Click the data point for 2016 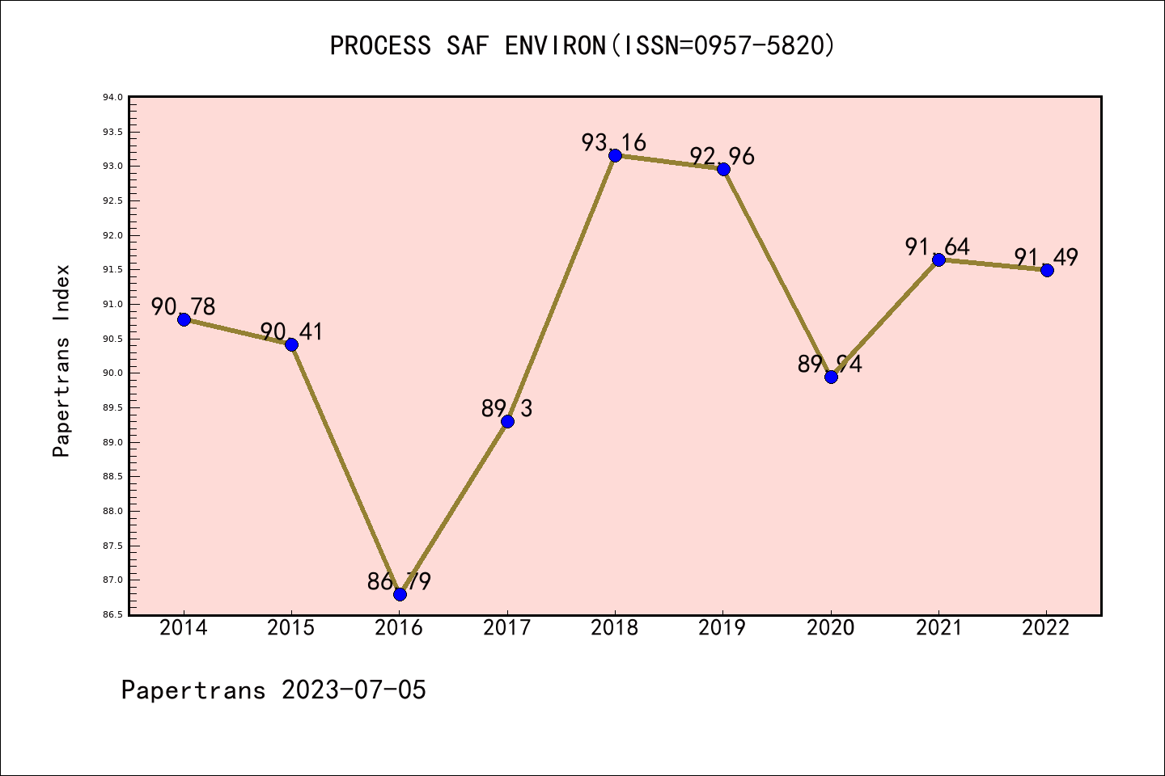point(400,594)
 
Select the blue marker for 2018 point(615,155)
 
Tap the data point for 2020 point(831,377)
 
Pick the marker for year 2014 point(184,319)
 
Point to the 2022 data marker point(1047,270)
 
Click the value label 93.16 point(613,143)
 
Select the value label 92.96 point(722,156)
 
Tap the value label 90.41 point(291,331)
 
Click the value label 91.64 point(937,247)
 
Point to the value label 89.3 point(506,409)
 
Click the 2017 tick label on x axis point(507,628)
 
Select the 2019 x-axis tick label point(722,628)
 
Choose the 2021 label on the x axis point(938,628)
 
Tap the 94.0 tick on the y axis point(112,98)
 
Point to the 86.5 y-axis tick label point(112,615)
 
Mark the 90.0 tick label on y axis point(112,373)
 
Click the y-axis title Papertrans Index point(61,361)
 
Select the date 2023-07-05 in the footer point(354,690)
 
